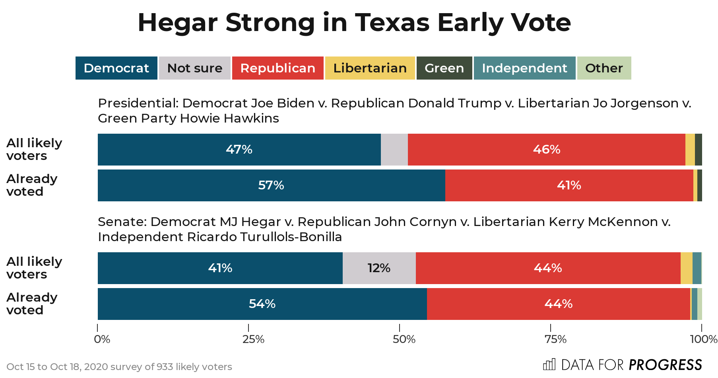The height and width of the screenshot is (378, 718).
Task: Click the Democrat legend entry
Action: click(116, 68)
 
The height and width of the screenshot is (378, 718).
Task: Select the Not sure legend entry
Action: click(194, 68)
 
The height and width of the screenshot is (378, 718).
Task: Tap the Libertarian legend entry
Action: click(370, 68)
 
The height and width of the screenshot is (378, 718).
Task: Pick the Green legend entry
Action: click(444, 68)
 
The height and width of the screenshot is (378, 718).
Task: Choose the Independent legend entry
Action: click(524, 68)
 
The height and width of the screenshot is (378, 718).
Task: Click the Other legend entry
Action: click(604, 68)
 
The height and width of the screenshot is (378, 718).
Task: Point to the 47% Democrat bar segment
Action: click(239, 150)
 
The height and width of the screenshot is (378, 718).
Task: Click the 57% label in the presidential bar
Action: click(271, 185)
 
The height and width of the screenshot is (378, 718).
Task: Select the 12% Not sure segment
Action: click(379, 268)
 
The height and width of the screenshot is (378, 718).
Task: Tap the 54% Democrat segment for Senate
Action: click(262, 304)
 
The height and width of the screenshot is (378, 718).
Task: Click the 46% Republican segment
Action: click(546, 150)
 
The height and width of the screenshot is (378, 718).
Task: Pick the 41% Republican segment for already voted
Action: click(569, 185)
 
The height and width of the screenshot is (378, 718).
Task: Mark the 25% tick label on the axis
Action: click(253, 339)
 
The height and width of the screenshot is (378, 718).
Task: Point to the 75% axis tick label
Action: click(555, 339)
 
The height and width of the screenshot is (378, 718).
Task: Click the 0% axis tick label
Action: click(102, 339)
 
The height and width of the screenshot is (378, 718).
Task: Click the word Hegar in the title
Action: click(177, 23)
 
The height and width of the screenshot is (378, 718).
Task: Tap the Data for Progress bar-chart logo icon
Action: click(549, 364)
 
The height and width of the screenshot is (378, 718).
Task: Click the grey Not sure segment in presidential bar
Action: click(394, 150)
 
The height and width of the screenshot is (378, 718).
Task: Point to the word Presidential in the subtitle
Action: click(138, 103)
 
